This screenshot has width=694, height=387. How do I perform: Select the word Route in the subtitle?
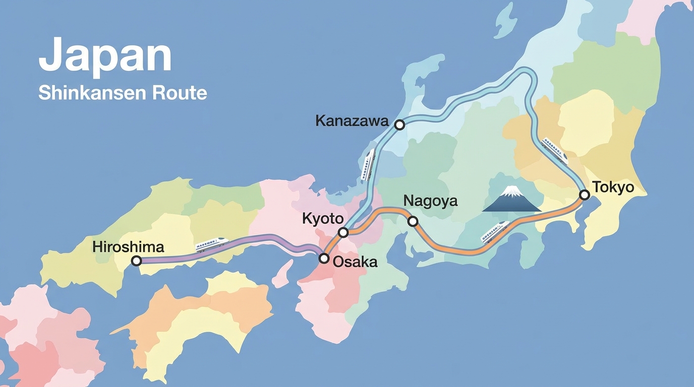tap(183, 93)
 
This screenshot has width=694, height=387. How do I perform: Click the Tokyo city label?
tap(613, 187)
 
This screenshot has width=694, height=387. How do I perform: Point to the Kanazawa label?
tap(352, 121)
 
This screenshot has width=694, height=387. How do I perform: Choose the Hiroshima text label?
tap(128, 247)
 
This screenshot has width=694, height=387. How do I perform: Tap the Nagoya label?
tap(430, 202)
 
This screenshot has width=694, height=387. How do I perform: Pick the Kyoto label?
tap(323, 219)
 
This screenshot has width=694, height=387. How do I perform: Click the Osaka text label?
tap(356, 262)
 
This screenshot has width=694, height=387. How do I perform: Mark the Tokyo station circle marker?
tap(584, 195)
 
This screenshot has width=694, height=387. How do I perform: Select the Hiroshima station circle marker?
tap(136, 261)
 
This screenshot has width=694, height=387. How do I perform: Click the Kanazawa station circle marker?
tap(399, 124)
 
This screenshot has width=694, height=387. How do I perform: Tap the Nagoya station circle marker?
tap(413, 221)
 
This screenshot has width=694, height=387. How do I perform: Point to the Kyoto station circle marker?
tap(343, 232)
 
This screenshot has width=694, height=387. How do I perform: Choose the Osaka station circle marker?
tap(324, 259)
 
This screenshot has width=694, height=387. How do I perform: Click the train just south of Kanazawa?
tap(368, 164)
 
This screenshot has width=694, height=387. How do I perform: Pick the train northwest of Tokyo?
tap(555, 150)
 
